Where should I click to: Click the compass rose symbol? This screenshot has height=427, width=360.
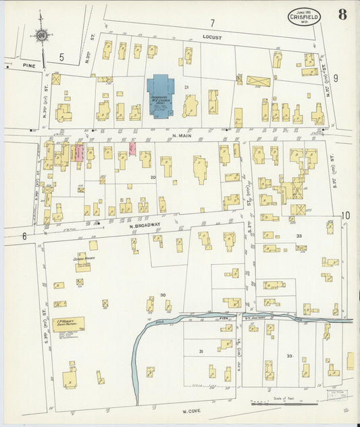pyautogui.click(x=41, y=34)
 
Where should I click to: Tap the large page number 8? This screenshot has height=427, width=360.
pyautogui.click(x=342, y=15)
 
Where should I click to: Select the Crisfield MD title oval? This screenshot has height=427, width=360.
pyautogui.click(x=305, y=16)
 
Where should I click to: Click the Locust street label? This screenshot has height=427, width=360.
pyautogui.click(x=211, y=38)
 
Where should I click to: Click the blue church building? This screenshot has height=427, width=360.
pyautogui.click(x=160, y=95)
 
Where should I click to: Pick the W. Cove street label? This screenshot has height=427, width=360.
pyautogui.click(x=192, y=410)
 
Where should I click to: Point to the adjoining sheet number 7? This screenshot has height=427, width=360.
pyautogui.click(x=211, y=23)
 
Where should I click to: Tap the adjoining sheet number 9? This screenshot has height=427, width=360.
pyautogui.click(x=335, y=78)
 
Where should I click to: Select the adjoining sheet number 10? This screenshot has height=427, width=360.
pyautogui.click(x=345, y=216)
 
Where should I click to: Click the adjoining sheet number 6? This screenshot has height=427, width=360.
pyautogui.click(x=24, y=236)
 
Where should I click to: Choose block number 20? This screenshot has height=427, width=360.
pyautogui.click(x=153, y=177)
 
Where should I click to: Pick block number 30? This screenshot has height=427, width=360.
pyautogui.click(x=163, y=296)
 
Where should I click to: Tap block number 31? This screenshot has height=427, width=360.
pyautogui.click(x=201, y=351)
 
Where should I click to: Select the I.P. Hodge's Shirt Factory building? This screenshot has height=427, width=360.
pyautogui.click(x=68, y=324)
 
